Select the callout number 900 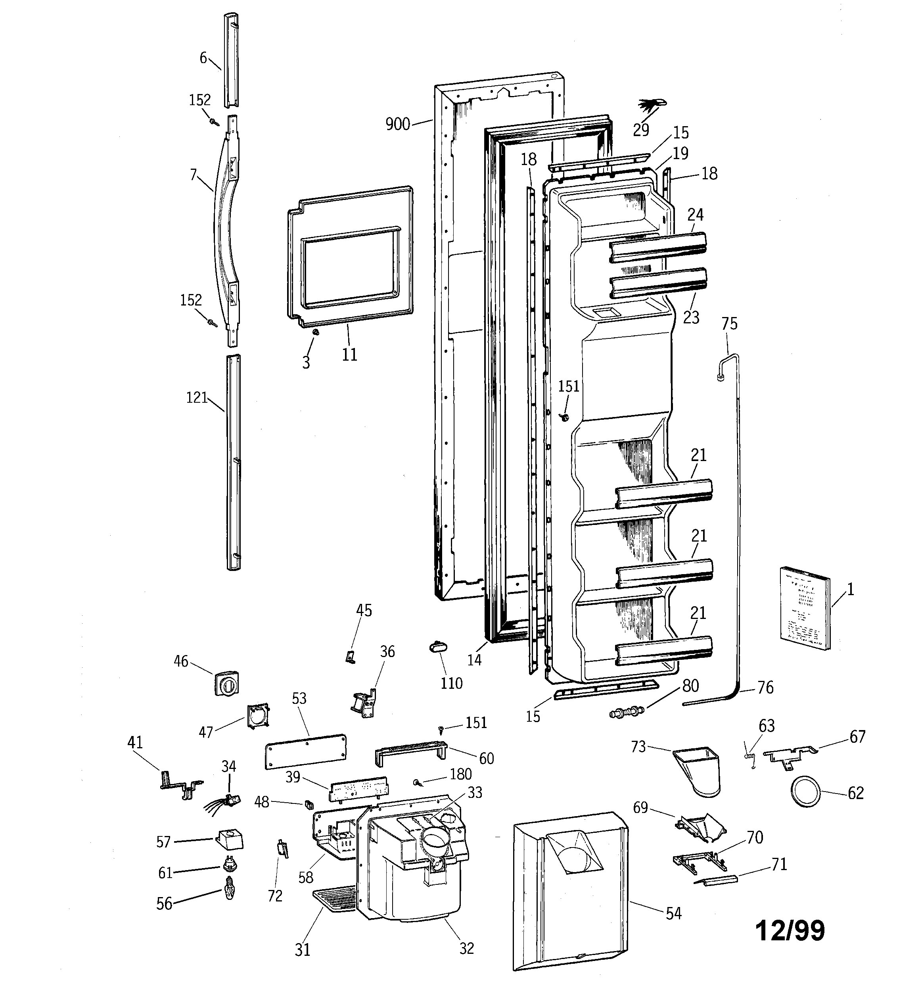coord(397,124)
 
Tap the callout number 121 coord(197,398)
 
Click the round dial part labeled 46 coord(227,684)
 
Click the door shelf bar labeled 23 coord(658,282)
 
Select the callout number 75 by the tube coord(729,324)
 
